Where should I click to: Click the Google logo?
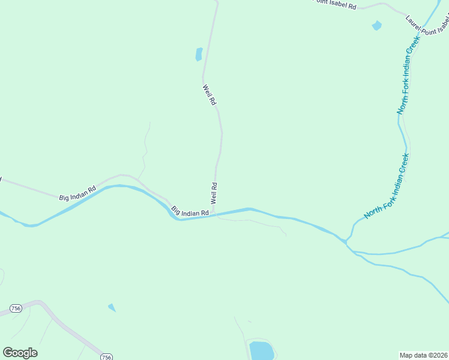(20, 353)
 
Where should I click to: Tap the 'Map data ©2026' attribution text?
(423, 355)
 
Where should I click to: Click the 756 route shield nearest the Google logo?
(16, 308)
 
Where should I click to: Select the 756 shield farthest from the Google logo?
(106, 357)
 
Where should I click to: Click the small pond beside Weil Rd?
(199, 55)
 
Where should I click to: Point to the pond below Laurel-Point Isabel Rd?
(376, 26)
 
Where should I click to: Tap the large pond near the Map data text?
(261, 350)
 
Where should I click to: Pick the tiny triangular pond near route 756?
(112, 308)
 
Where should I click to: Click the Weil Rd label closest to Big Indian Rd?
(214, 193)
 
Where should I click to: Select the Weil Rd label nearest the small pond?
(208, 95)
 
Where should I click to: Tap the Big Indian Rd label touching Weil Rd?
(190, 212)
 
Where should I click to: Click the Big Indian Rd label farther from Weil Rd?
(77, 193)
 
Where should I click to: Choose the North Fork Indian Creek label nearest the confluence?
(387, 187)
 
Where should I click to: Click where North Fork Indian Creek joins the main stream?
(346, 241)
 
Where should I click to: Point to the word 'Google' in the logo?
(20, 353)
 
